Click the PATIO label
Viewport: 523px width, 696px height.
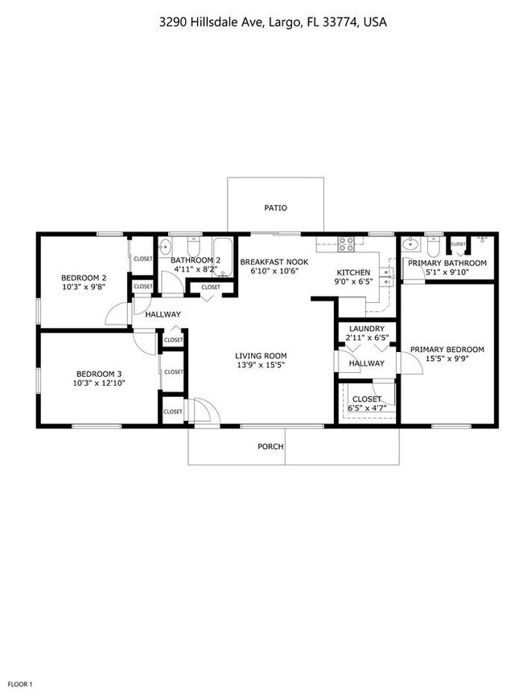coord(275,208)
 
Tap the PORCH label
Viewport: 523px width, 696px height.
coord(270,447)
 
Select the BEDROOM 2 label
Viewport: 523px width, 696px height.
coord(84,278)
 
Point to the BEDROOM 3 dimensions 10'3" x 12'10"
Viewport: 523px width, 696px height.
coord(100,383)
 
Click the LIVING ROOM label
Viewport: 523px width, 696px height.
coord(261,355)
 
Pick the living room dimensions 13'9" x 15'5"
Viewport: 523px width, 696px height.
coord(261,365)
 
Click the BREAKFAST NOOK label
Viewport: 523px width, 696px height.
coord(274,262)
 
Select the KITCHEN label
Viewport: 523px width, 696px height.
coord(353,272)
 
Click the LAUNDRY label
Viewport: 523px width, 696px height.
coord(366,328)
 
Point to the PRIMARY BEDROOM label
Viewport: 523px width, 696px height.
coord(447,350)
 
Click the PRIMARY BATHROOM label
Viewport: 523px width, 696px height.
coord(447,264)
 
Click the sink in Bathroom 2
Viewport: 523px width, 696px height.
coord(166,246)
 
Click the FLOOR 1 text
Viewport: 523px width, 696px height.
coord(20,684)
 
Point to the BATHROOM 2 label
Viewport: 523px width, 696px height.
coord(196,260)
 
